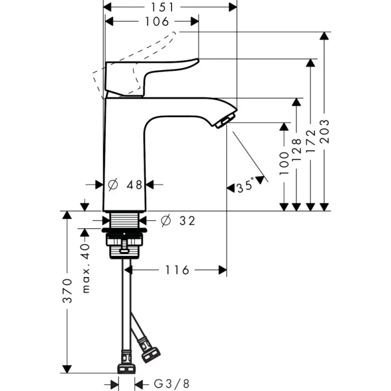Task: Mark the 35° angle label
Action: (245, 186)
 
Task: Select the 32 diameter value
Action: (187, 221)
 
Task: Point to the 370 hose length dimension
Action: (67, 290)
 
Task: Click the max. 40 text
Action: (85, 268)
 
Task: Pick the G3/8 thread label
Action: (171, 384)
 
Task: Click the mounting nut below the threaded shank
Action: (125, 244)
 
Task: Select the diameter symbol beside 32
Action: (165, 221)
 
